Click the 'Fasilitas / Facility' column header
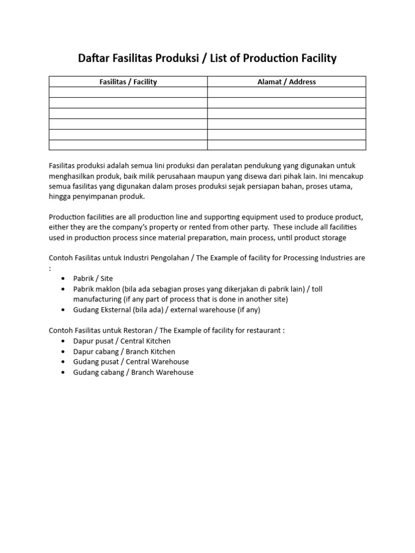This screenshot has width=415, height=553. pos(128,82)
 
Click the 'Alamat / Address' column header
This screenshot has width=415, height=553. pos(286,82)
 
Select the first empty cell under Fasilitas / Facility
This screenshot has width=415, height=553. pos(128,92)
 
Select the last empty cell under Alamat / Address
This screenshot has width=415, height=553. pos(286,145)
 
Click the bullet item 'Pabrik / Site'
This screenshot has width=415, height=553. pos(93,279)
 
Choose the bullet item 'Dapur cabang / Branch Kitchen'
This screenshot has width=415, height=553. pos(124,352)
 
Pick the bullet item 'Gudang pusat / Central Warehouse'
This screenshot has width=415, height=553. pos(131,362)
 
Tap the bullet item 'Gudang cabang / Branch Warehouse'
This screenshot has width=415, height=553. pos(133,372)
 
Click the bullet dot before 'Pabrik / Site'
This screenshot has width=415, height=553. pos(63,279)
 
